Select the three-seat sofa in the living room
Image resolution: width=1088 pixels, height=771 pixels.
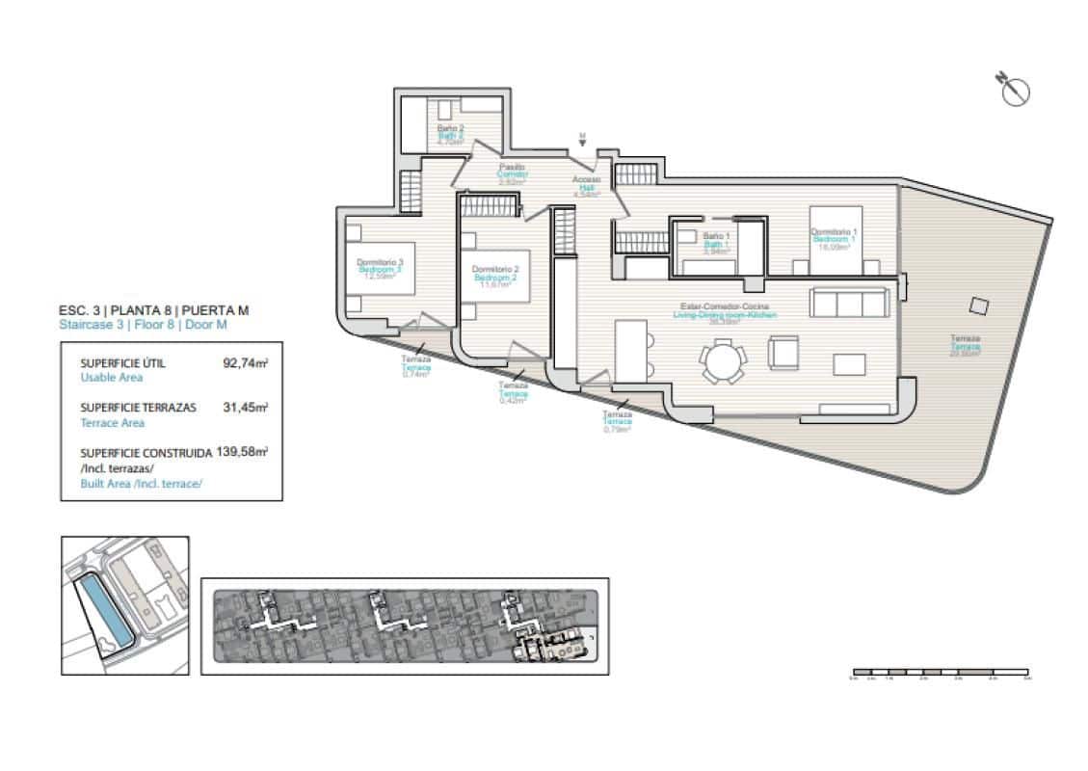click(849, 302)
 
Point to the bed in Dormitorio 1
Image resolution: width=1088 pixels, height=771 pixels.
click(834, 241)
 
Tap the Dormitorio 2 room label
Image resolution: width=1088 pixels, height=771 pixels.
click(496, 274)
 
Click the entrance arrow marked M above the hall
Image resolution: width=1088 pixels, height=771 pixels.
click(582, 141)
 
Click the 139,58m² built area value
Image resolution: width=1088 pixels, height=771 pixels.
click(242, 450)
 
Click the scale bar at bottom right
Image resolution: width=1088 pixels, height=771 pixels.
click(941, 672)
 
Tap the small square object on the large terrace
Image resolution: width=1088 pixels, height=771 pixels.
click(978, 306)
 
